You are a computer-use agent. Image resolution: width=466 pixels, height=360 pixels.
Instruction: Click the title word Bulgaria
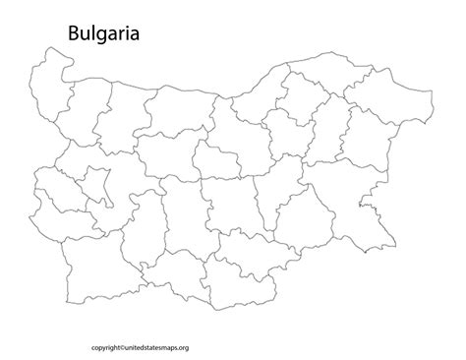click(103, 34)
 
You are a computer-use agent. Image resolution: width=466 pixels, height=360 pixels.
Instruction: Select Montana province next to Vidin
click(85, 108)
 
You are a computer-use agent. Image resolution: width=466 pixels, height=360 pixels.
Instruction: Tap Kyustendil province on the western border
click(54, 211)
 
